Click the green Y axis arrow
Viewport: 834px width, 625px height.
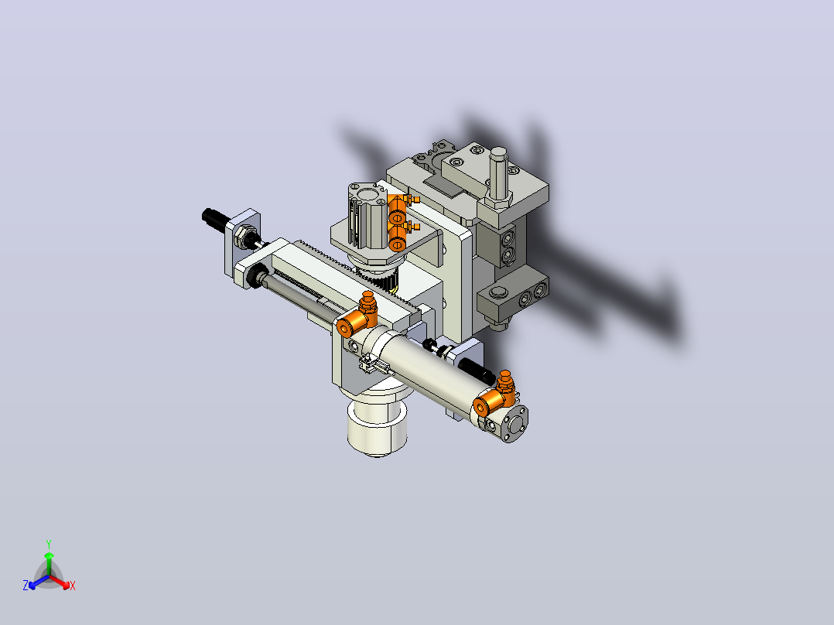tap(49, 562)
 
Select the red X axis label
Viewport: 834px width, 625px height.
tap(73, 586)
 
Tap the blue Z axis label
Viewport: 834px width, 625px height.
tap(25, 586)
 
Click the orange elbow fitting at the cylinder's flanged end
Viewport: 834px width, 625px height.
tap(494, 396)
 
